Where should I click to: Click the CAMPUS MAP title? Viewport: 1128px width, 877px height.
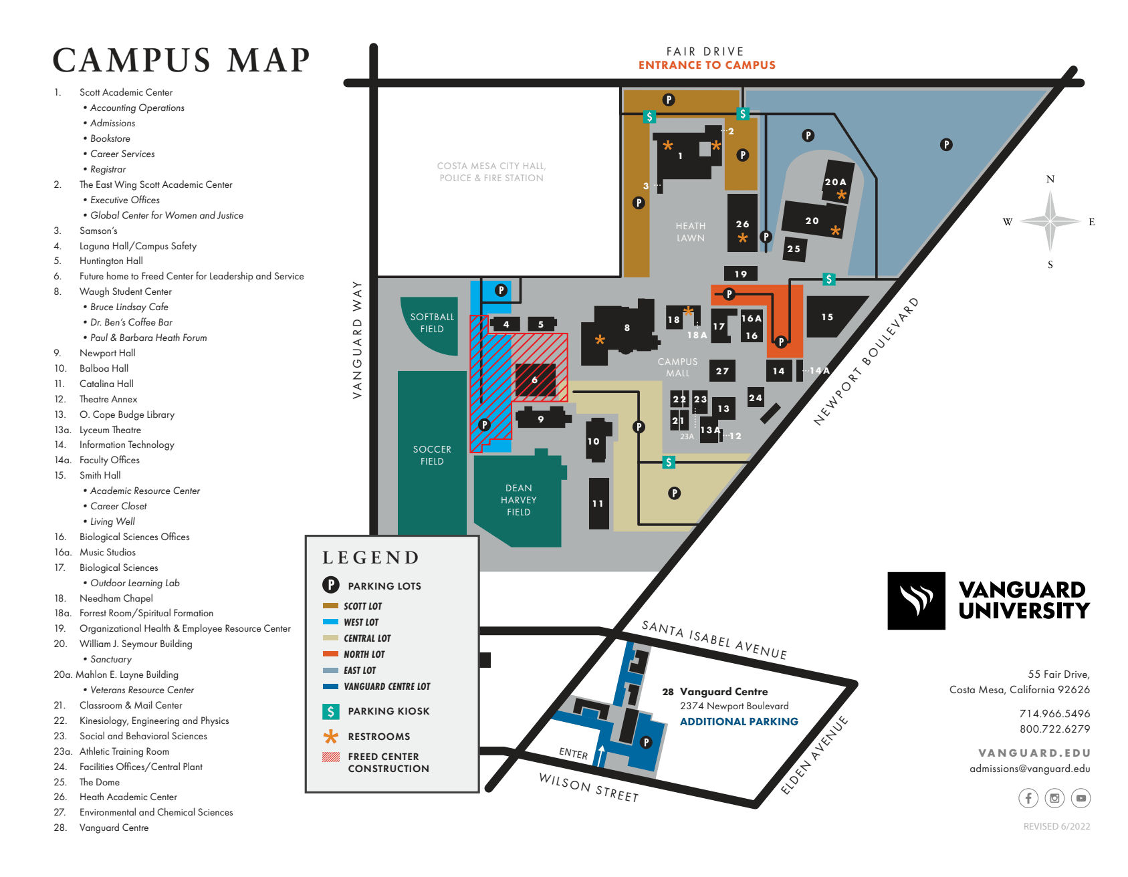181,60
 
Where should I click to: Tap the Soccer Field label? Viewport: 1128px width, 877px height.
432,455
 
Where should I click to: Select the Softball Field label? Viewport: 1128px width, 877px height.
432,323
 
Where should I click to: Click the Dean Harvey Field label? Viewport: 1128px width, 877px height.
518,500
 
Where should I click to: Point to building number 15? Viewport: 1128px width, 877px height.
828,317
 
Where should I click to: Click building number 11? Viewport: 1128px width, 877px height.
598,503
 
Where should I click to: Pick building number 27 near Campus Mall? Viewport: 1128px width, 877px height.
722,371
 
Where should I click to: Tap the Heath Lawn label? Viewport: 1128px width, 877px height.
690,232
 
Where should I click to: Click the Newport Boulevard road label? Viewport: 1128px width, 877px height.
866,362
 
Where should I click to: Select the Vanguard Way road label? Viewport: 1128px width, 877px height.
357,340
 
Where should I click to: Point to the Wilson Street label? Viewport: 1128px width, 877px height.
588,787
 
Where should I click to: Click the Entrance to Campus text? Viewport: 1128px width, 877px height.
707,65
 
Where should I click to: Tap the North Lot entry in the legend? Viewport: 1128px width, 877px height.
364,654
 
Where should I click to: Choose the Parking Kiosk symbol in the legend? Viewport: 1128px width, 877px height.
331,711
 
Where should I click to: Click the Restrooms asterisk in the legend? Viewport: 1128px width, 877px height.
331,737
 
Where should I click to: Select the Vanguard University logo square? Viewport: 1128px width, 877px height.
916,601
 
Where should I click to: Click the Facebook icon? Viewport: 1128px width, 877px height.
1028,797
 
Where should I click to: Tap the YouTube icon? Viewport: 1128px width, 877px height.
1081,797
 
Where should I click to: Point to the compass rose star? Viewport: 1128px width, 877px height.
1050,221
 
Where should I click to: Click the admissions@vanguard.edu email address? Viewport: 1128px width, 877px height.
1030,769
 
